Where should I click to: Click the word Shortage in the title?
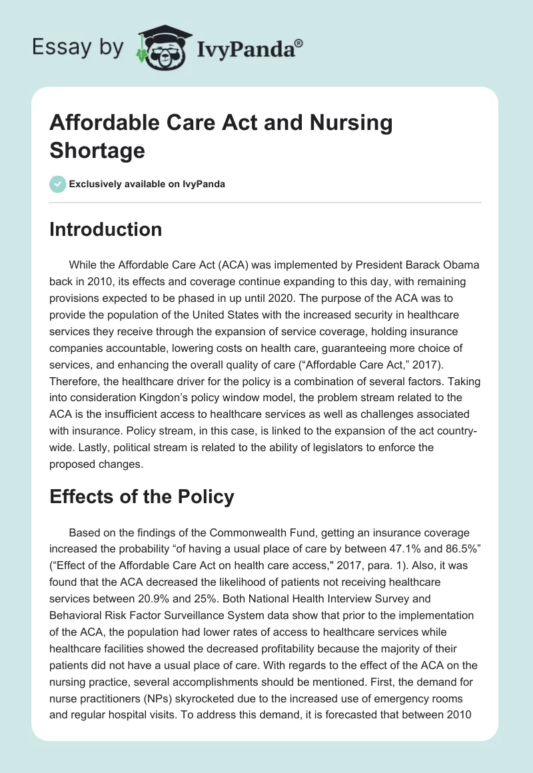(x=97, y=150)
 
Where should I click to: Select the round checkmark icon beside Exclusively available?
(x=58, y=184)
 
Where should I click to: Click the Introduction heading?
(x=106, y=230)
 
